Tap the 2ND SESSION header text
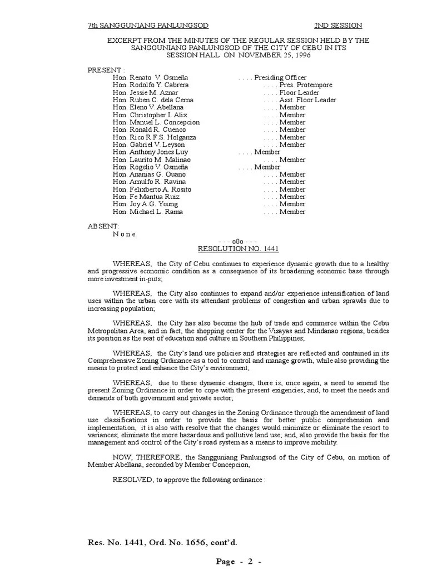tap(338, 26)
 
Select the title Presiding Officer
tap(280, 77)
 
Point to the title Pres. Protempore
tap(306, 85)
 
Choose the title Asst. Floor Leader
tap(307, 100)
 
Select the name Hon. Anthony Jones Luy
tap(150, 152)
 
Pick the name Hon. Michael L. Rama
tap(147, 212)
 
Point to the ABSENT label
tap(103, 226)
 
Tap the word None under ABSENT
tap(125, 234)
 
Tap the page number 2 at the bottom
tap(250, 561)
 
